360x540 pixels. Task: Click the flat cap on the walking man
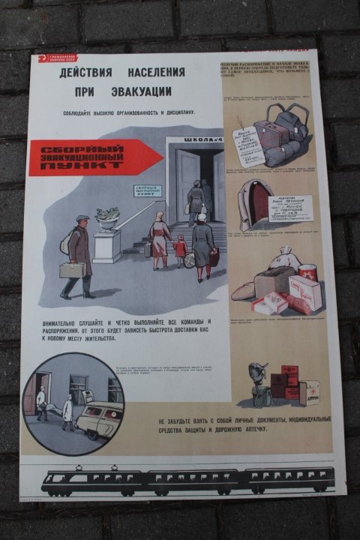82,218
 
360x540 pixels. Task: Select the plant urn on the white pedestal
107,217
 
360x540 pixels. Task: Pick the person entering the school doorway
196,199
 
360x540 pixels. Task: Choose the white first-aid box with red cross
309,391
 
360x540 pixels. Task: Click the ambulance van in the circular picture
99,418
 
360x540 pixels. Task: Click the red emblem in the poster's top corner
44,57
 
